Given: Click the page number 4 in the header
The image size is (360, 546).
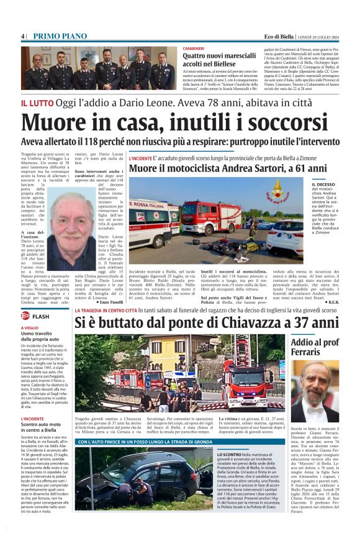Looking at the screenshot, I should [x=22, y=36].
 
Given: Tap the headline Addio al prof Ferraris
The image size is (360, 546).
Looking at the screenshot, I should [x=314, y=347].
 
